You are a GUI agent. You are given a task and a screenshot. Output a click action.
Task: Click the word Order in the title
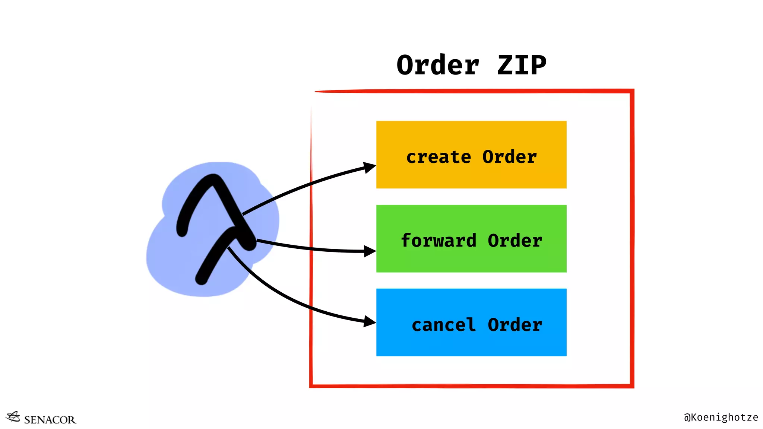tap(438, 66)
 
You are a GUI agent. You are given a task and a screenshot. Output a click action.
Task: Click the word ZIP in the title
tap(522, 66)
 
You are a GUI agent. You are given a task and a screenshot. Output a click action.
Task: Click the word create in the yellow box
tap(439, 157)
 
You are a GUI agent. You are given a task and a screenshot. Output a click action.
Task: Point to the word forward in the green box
tap(439, 241)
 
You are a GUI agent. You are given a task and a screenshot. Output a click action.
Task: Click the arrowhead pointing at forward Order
tap(370, 251)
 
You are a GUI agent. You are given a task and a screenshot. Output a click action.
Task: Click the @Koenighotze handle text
tap(721, 417)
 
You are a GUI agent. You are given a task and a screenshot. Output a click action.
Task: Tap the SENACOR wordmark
tap(50, 420)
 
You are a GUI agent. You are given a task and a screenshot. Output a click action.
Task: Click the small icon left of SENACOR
tap(13, 417)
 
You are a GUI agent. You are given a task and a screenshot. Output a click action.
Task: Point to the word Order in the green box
tap(515, 241)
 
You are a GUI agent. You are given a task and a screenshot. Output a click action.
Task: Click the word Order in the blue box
tap(515, 325)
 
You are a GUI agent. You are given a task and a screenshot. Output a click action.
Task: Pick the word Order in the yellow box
tap(510, 157)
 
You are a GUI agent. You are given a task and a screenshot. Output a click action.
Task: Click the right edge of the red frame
tap(632, 238)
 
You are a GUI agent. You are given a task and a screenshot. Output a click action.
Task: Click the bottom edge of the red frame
tap(471, 386)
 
